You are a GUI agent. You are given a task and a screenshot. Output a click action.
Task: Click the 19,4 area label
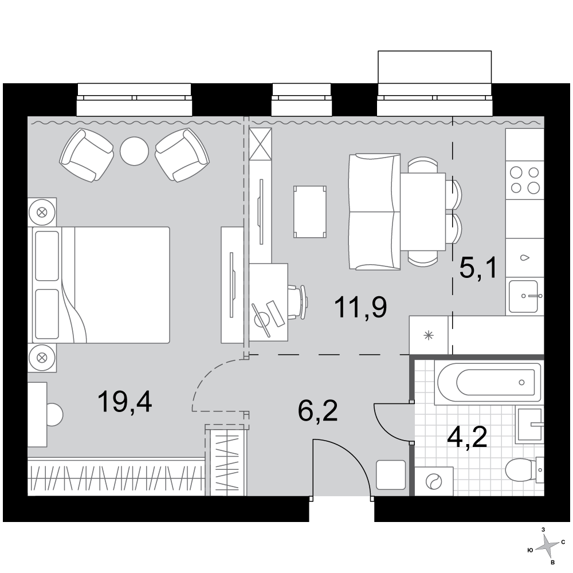pos(124,402)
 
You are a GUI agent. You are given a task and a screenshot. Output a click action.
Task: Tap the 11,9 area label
pos(360,308)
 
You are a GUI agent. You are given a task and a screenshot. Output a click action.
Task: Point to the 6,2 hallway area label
pos(317,411)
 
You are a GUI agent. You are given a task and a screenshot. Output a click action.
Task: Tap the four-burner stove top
pos(525,179)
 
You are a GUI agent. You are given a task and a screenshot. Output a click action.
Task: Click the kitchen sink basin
pos(524,296)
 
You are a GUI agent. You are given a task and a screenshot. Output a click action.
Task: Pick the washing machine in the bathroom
pos(434,481)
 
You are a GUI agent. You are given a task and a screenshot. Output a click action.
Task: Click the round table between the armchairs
pos(135,151)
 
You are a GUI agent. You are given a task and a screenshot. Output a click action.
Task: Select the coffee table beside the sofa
pos(310,212)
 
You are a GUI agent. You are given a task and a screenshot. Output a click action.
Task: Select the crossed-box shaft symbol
pos(260,144)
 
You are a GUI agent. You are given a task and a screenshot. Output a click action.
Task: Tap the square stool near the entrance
pos(391,474)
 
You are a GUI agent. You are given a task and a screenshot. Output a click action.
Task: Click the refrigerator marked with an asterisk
pos(429,335)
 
